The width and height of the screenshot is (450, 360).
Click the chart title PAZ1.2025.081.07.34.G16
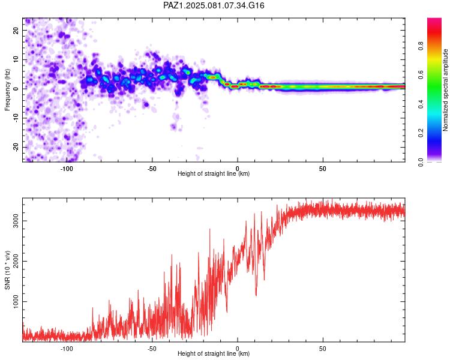coord(214,5)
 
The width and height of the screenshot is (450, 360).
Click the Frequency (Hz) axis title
coord(7,90)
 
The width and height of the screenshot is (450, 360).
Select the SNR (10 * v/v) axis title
coord(7,270)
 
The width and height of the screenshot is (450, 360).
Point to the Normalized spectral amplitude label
coord(445,90)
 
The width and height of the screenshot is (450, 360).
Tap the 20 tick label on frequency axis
coord(16,31)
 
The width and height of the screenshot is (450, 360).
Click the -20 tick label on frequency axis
coord(16,147)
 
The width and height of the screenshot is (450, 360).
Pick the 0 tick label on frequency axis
coord(16,89)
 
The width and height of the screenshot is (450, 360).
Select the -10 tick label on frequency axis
coord(16,118)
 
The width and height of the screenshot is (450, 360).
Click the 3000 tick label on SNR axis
coord(16,221)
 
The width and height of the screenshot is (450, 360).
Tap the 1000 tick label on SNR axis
coord(16,301)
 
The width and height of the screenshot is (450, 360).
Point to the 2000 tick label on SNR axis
coord(16,261)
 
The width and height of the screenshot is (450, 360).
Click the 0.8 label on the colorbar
coord(421,46)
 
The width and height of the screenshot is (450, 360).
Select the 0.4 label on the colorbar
coord(421,104)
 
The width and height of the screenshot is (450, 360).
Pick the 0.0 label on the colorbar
coord(421,162)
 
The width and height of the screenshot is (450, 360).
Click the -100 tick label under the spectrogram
coord(67,169)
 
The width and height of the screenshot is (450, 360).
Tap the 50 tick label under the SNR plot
coord(323,349)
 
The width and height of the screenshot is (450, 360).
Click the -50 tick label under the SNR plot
coord(152,349)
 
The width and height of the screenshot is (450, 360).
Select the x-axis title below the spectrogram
coord(214,173)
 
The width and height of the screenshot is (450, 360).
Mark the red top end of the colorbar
coord(434,19)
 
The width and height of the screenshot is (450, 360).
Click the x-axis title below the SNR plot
coord(214,353)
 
